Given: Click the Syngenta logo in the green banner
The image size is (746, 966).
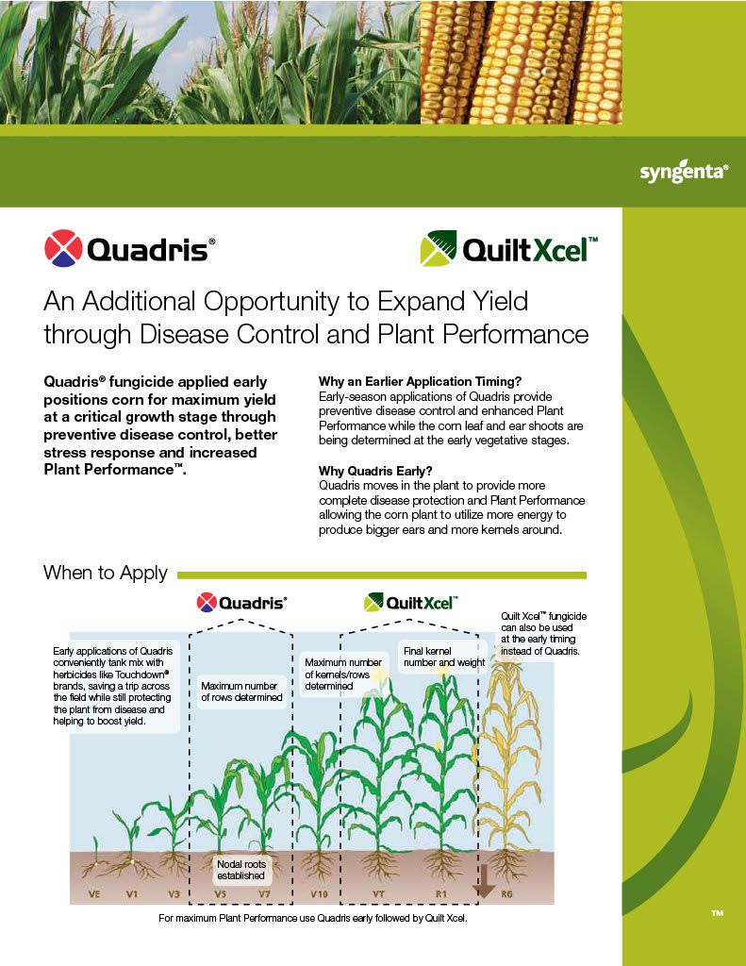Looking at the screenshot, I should tap(684, 173).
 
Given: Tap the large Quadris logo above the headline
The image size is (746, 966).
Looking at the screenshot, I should tap(130, 249).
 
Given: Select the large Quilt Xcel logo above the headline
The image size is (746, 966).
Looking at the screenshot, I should tap(508, 249).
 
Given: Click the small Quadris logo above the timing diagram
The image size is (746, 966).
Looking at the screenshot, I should tap(241, 602).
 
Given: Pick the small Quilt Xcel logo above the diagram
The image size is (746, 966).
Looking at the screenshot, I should tap(411, 602).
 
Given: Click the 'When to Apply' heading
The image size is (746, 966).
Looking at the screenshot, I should tap(106, 574).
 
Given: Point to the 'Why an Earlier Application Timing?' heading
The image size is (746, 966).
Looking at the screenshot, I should tap(421, 381).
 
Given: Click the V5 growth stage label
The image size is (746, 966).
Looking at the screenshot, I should tap(221, 893).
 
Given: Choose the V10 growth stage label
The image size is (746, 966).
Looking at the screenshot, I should tap(319, 893).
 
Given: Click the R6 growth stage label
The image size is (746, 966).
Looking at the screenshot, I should tap(507, 893).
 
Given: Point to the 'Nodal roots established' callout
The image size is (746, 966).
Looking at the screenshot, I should tap(241, 869).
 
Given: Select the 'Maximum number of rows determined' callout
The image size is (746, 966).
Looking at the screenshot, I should tap(241, 691).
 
